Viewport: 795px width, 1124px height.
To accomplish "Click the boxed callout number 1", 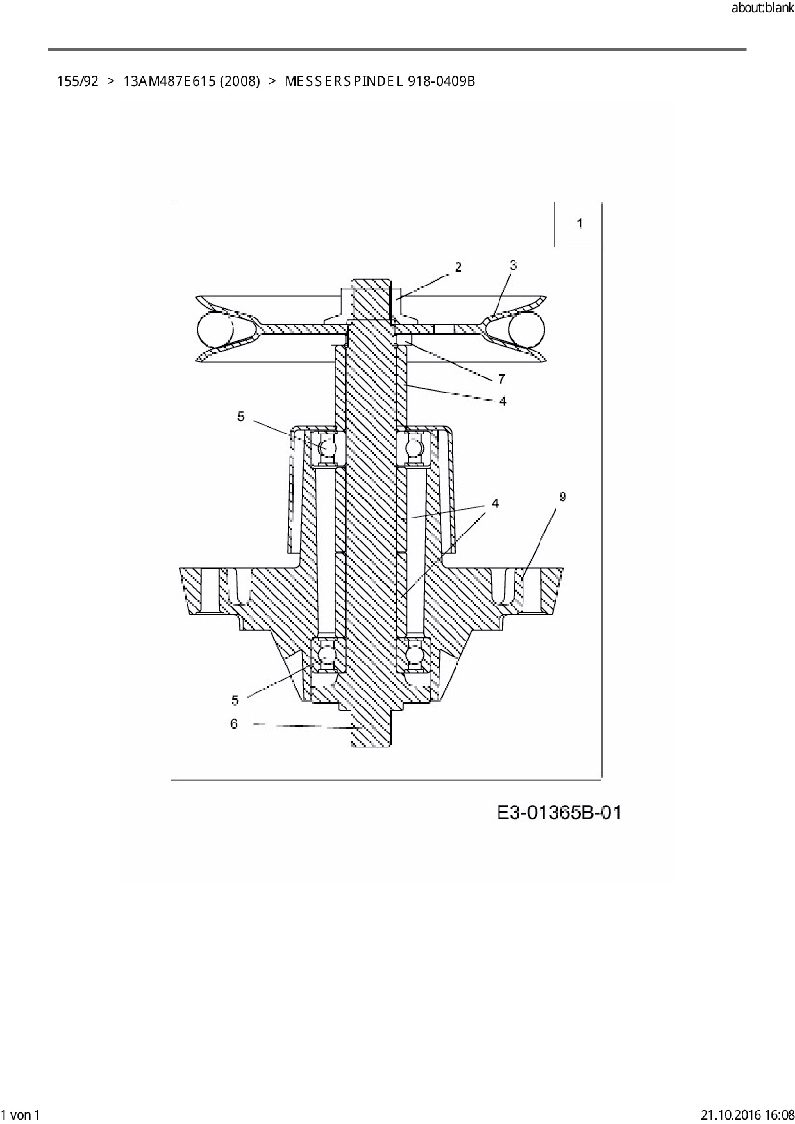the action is coord(580,224).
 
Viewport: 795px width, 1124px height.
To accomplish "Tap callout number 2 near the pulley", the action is coord(458,267).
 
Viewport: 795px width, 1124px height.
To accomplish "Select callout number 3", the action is coord(513,265).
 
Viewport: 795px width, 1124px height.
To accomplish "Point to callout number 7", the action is coord(502,379).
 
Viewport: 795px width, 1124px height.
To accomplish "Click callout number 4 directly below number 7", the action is coord(503,401).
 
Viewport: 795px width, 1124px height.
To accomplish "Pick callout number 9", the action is coord(562,497).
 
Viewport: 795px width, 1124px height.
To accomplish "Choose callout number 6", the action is coord(234,723).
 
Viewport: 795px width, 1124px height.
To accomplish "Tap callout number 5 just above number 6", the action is coord(235,700).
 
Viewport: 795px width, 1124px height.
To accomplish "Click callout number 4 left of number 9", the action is coord(495,504).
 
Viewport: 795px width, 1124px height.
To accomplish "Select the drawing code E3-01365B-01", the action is coord(559,813).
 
